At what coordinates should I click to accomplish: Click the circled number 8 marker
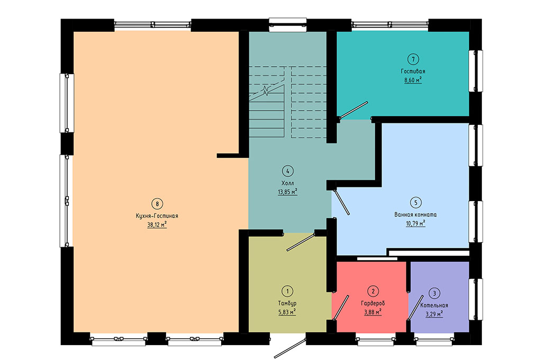(x=157, y=204)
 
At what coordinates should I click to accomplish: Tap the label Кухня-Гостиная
(x=157, y=216)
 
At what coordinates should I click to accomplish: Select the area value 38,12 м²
(x=157, y=225)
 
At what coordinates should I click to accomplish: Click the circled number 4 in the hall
(x=288, y=171)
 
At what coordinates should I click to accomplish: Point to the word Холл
(x=288, y=183)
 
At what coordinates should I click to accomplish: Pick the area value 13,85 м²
(x=288, y=192)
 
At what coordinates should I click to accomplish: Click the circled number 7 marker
(x=413, y=59)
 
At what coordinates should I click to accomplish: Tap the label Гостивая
(x=413, y=71)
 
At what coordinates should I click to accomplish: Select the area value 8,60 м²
(x=413, y=80)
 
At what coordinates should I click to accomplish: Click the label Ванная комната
(x=415, y=214)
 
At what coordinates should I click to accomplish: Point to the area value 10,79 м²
(x=415, y=223)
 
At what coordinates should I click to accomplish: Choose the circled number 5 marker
(x=415, y=202)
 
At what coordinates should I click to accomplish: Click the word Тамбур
(x=287, y=303)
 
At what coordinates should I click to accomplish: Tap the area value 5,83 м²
(x=287, y=312)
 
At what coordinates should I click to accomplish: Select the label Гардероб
(x=373, y=303)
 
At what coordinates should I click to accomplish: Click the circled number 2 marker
(x=373, y=291)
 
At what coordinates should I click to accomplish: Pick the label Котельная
(x=434, y=305)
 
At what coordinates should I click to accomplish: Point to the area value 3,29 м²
(x=434, y=314)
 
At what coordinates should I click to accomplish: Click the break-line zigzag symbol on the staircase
(x=266, y=91)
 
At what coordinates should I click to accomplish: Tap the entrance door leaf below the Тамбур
(x=290, y=348)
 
